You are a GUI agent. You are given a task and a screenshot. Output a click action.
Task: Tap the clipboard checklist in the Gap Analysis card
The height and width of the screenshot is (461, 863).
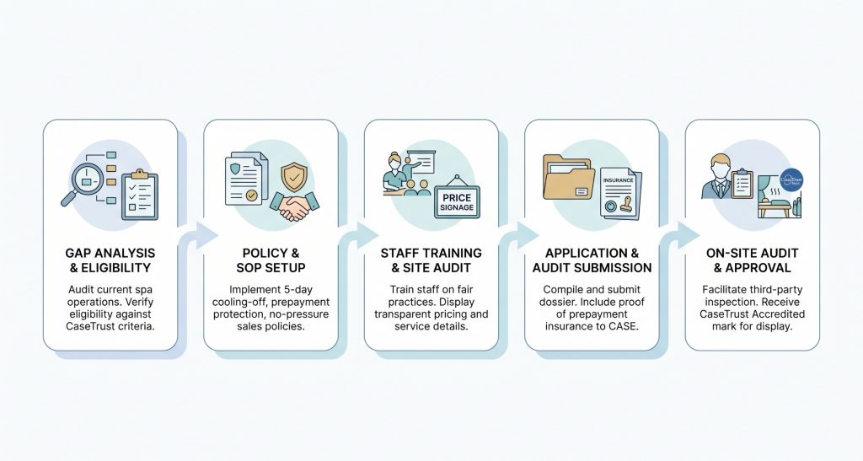pyautogui.click(x=140, y=194)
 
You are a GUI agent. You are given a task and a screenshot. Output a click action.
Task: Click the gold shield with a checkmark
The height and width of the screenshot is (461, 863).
pyautogui.click(x=294, y=177)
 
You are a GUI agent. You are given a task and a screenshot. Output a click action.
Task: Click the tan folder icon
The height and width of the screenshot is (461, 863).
pyautogui.click(x=568, y=177)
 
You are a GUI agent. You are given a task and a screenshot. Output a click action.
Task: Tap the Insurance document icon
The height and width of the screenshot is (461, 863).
pyautogui.click(x=620, y=194)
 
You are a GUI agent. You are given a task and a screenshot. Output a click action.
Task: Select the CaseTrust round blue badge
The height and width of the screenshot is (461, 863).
pyautogui.click(x=791, y=180)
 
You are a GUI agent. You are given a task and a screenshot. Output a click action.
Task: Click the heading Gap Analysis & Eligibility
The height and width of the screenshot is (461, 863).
pyautogui.click(x=110, y=260)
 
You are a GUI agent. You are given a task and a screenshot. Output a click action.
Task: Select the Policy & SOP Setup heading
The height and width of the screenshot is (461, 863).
pyautogui.click(x=271, y=260)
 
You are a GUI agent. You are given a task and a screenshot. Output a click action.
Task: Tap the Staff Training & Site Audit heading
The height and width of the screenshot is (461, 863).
pyautogui.click(x=431, y=260)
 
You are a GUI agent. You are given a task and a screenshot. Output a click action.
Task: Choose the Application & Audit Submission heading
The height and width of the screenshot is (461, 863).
pyautogui.click(x=592, y=260)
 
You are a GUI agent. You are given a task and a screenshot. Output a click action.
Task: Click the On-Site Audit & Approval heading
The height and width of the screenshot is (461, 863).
pyautogui.click(x=753, y=260)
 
